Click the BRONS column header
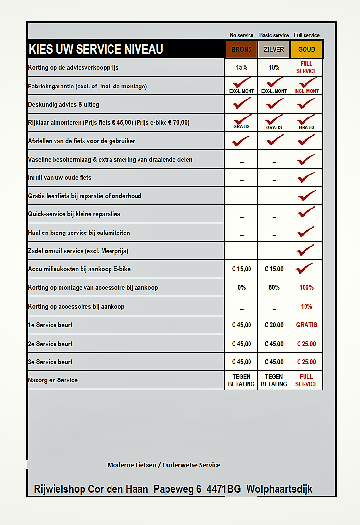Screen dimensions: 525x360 [x=241, y=49]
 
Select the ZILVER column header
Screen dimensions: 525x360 [x=274, y=49]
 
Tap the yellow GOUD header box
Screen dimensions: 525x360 [x=306, y=49]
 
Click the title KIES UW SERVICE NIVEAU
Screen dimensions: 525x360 [x=96, y=49]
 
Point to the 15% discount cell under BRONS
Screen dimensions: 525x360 [x=241, y=67]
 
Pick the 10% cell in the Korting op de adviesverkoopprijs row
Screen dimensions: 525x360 [x=274, y=67]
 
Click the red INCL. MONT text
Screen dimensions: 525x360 [x=306, y=91]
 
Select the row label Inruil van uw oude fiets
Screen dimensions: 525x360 [x=60, y=177]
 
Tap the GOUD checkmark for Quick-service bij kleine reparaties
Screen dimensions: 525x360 [x=306, y=213]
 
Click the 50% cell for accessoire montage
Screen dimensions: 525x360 [x=274, y=287]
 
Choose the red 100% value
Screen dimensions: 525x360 [x=306, y=287]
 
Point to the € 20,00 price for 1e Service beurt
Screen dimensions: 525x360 [x=274, y=325]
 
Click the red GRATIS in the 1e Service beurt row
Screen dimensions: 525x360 [x=306, y=325]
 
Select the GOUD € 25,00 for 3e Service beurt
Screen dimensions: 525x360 [x=306, y=362]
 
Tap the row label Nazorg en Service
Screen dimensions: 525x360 [x=53, y=380]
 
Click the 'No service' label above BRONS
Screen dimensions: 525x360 [x=242, y=35]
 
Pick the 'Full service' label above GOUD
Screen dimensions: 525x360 [x=306, y=35]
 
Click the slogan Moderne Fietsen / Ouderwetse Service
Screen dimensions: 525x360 [x=164, y=465]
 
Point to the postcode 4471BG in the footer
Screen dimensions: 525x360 [x=223, y=489]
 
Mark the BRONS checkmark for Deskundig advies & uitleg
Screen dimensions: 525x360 [x=241, y=103]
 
